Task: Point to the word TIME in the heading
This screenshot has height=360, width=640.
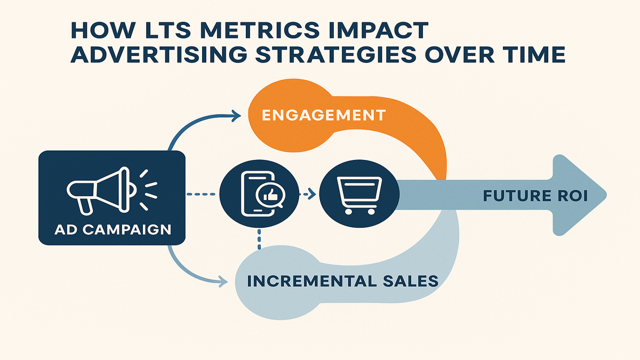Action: [x=532, y=54]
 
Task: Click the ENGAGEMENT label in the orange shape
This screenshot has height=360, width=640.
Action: [x=324, y=115]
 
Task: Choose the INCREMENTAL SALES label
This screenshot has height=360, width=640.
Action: [x=342, y=281]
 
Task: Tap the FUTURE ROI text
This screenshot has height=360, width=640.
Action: [x=535, y=196]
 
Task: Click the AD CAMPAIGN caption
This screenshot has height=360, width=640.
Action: [x=113, y=230]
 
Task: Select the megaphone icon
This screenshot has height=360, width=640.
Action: [x=111, y=190]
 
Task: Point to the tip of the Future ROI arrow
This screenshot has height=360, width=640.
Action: [x=606, y=195]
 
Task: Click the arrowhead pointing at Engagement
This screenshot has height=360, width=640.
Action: [x=237, y=116]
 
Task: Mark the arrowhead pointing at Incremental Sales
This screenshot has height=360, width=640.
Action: [x=223, y=282]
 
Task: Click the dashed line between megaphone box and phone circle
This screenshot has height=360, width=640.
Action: [x=201, y=194]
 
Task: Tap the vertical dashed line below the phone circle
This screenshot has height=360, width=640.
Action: [x=259, y=239]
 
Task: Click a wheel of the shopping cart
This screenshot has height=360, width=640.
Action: [x=348, y=212]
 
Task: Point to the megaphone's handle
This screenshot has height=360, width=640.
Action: [x=84, y=206]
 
